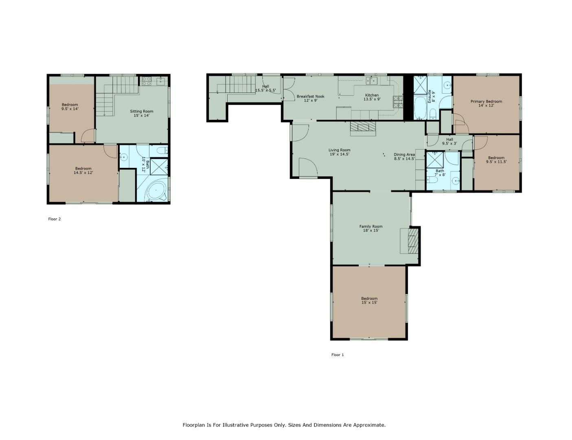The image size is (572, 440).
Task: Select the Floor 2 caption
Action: pyautogui.click(x=55, y=219)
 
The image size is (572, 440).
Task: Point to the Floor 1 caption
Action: pyautogui.click(x=338, y=355)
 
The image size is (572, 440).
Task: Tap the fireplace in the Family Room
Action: pyautogui.click(x=412, y=241)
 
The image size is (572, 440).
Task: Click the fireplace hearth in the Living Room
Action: pyautogui.click(x=363, y=129)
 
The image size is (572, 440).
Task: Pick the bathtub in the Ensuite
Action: pyautogui.click(x=420, y=108)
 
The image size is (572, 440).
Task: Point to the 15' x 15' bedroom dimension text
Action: pyautogui.click(x=369, y=303)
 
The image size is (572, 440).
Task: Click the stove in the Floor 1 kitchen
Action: pyautogui.click(x=398, y=102)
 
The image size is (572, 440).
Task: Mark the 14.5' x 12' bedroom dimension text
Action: pyautogui.click(x=83, y=173)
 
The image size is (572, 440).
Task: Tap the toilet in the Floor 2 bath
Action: pyautogui.click(x=162, y=151)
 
